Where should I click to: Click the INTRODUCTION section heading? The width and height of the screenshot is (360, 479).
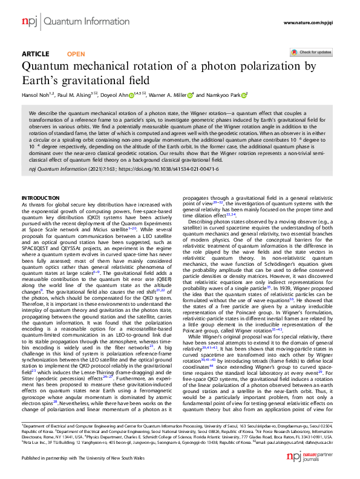41,199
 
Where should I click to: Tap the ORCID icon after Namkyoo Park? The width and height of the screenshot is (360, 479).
246,94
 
